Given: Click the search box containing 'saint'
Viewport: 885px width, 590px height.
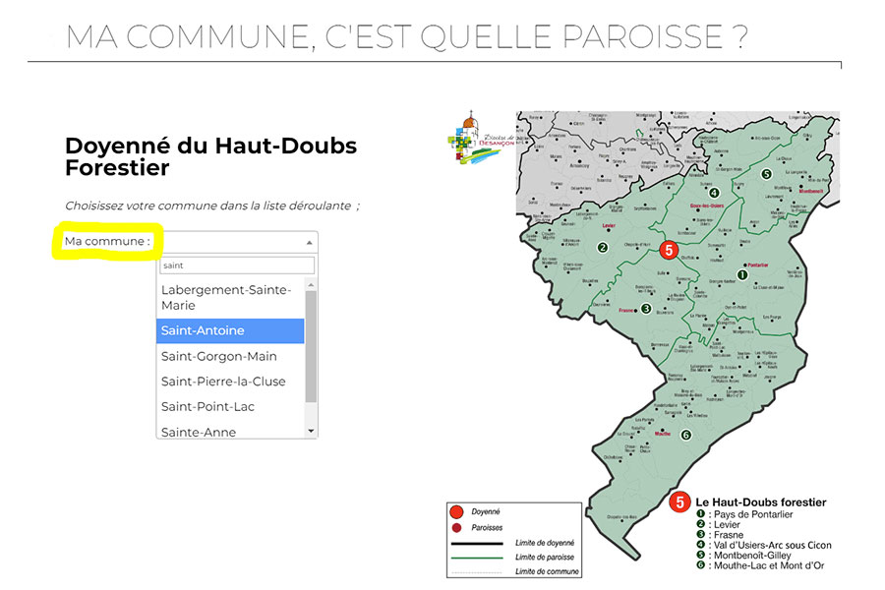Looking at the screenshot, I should point(236,265).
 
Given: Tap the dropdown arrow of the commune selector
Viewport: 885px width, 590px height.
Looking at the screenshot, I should point(310,242).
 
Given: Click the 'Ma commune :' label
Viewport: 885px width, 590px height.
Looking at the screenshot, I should point(107,241).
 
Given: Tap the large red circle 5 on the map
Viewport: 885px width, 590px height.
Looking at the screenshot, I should point(669,250).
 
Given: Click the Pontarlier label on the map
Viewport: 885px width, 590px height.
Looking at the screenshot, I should point(757,265).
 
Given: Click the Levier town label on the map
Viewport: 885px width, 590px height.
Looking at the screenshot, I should point(608,225).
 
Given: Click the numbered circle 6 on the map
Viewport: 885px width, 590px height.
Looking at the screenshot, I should point(686,435).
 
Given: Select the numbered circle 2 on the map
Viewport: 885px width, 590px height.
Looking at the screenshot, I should point(602,248).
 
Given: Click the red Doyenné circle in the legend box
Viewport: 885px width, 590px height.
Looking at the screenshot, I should point(456,511).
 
